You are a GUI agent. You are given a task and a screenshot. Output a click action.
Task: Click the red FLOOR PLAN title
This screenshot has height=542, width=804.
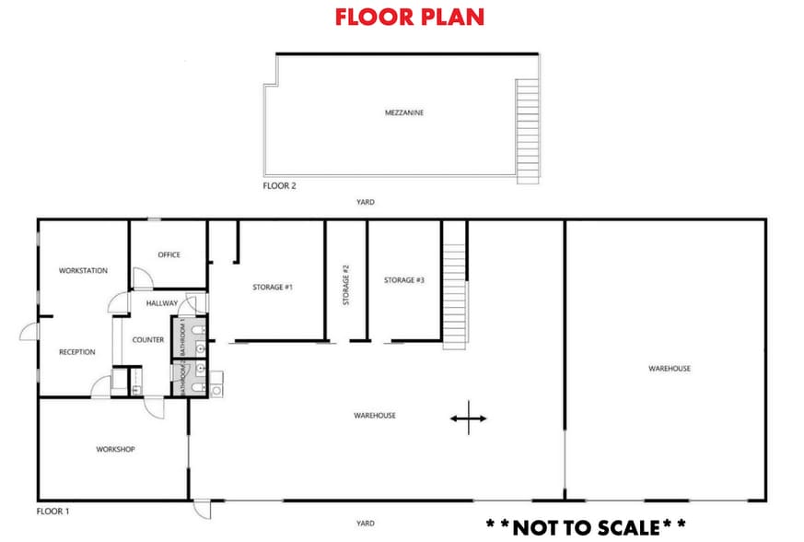pyautogui.click(x=410, y=17)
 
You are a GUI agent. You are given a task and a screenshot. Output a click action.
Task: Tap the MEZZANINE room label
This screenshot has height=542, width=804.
pyautogui.click(x=403, y=112)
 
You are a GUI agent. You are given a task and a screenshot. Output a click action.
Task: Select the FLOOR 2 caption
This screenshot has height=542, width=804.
pyautogui.click(x=279, y=185)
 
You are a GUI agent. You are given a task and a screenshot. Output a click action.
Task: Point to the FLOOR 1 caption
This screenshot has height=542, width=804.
pyautogui.click(x=52, y=510)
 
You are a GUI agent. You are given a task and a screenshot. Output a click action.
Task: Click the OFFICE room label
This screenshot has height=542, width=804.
pyautogui.click(x=169, y=254)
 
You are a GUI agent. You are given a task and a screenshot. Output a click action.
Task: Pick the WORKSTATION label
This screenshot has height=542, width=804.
pyautogui.click(x=83, y=271)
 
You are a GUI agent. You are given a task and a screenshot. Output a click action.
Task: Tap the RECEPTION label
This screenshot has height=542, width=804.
pyautogui.click(x=77, y=352)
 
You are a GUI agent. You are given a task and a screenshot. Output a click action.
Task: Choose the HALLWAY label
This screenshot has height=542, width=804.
pyautogui.click(x=161, y=302)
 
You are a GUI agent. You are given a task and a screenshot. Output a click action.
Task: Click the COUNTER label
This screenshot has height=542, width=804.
pyautogui.click(x=148, y=340)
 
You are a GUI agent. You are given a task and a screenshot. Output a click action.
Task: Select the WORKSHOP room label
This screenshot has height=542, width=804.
pyautogui.click(x=116, y=449)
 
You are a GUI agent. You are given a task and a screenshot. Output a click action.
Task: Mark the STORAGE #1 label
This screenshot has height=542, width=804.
pyautogui.click(x=273, y=288)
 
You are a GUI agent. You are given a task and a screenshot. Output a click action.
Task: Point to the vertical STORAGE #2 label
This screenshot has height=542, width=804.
pyautogui.click(x=346, y=285)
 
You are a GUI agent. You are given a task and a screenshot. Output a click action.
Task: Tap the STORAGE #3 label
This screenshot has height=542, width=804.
pyautogui.click(x=404, y=280)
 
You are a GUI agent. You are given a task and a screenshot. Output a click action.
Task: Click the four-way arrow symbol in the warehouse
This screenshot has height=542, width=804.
pyautogui.click(x=468, y=418)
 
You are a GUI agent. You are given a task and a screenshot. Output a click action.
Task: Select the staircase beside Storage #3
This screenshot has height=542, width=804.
pyautogui.click(x=455, y=283)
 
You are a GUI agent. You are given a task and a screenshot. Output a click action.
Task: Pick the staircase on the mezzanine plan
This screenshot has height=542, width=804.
pyautogui.click(x=527, y=129)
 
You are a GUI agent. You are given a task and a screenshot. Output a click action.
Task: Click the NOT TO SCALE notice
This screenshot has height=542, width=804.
pyautogui.click(x=585, y=527)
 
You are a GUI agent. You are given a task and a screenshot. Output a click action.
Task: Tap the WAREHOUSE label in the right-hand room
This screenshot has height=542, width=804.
pyautogui.click(x=670, y=369)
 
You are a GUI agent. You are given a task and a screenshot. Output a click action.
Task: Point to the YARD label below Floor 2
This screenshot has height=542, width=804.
pyautogui.click(x=366, y=202)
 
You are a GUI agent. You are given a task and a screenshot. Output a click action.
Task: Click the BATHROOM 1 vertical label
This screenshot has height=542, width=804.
pyautogui.click(x=182, y=337)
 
